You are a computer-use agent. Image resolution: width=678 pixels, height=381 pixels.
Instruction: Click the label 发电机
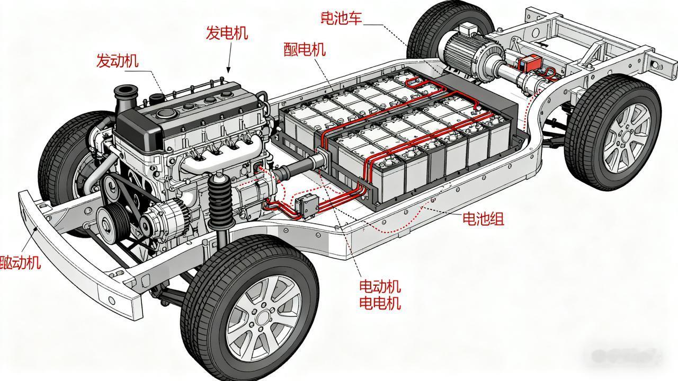coord(227,33)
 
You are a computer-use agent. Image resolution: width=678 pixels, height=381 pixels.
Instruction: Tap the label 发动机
coord(117,60)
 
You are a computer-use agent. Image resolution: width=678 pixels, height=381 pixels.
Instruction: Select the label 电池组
coord(483,218)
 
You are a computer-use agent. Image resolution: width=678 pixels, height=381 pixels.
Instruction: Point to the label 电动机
coord(380,287)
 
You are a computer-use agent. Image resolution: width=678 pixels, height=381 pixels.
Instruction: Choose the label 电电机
coord(380,303)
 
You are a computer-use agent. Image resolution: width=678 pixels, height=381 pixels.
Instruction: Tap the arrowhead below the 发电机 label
coord(228,69)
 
